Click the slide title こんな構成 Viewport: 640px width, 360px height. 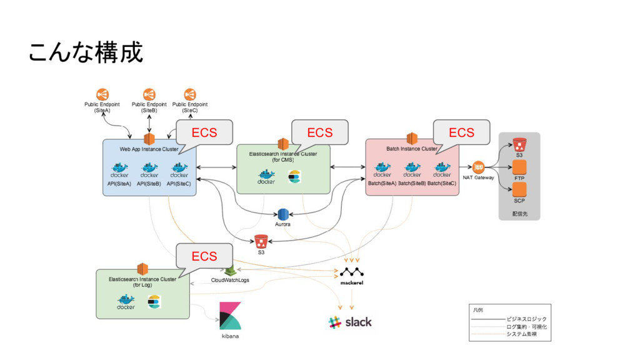[x=86, y=52]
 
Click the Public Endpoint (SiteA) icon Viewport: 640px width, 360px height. [x=102, y=94]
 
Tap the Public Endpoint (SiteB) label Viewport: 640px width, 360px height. [x=149, y=107]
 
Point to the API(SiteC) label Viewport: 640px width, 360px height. [x=179, y=184]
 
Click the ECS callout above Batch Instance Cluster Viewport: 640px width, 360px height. [x=461, y=132]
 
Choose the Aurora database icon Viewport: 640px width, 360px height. [x=282, y=214]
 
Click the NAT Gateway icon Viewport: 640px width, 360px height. [x=478, y=167]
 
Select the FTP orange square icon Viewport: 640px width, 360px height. [x=519, y=167]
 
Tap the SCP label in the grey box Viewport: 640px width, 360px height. [x=519, y=201]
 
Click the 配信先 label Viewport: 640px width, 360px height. [x=519, y=214]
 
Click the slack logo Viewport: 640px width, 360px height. [x=350, y=322]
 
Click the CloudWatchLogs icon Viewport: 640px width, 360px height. [x=230, y=271]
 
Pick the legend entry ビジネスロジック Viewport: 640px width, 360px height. [x=526, y=319]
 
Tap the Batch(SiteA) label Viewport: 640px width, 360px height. [x=382, y=184]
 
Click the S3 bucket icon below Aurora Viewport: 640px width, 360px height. [x=261, y=241]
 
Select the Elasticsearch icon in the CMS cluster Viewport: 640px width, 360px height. [x=294, y=177]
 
